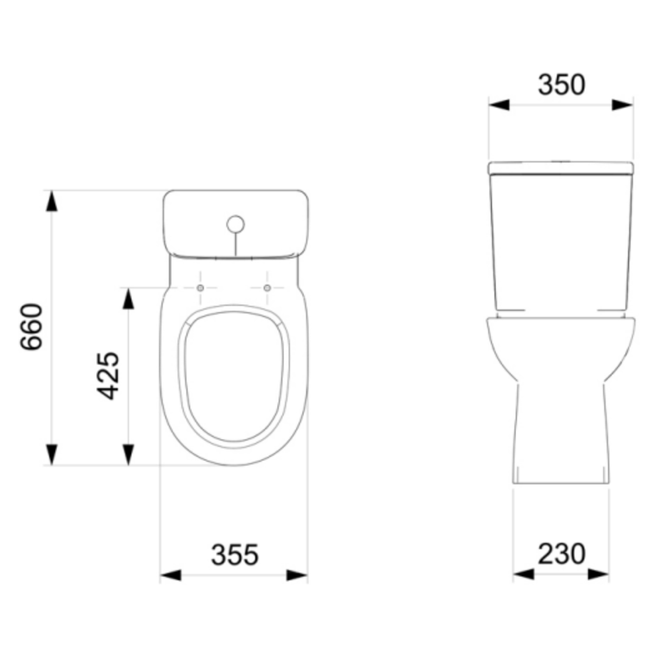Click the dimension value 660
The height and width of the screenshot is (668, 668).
pyautogui.click(x=32, y=326)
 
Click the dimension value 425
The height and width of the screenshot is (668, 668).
pyautogui.click(x=109, y=375)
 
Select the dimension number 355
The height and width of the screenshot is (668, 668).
pyautogui.click(x=235, y=554)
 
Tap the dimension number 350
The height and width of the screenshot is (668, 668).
pyautogui.click(x=561, y=84)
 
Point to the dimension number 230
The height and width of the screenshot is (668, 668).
pyautogui.click(x=561, y=554)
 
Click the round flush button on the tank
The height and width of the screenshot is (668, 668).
pyautogui.click(x=235, y=224)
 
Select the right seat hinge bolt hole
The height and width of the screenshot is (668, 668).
pyautogui.click(x=267, y=288)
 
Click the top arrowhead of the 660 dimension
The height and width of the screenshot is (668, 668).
pyautogui.click(x=52, y=201)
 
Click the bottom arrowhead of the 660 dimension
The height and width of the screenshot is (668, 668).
pyautogui.click(x=52, y=454)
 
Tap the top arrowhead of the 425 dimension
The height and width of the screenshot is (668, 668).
pyautogui.click(x=129, y=298)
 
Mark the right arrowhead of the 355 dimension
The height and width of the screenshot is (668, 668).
pyautogui.click(x=297, y=574)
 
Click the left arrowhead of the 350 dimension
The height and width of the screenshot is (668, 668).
pyautogui.click(x=499, y=104)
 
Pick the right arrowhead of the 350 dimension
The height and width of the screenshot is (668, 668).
pyautogui.click(x=623, y=104)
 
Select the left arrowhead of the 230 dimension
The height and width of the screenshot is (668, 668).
pyautogui.click(x=524, y=574)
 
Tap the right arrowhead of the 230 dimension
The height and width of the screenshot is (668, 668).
pyautogui.click(x=599, y=574)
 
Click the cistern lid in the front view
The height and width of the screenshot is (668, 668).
pyautogui.click(x=561, y=168)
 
